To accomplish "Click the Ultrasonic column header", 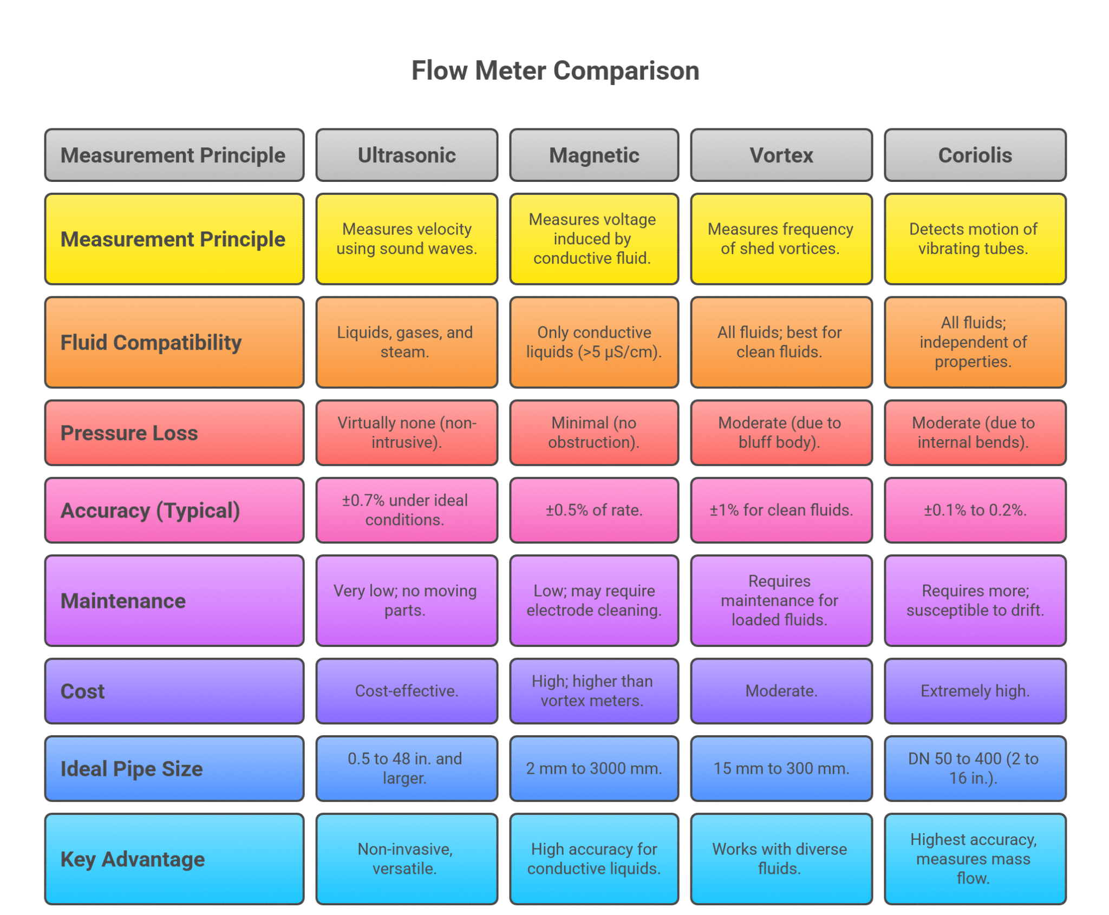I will click(407, 155).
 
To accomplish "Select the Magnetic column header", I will click(594, 155).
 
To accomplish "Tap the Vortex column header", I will click(781, 155).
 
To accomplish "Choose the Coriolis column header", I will click(975, 155).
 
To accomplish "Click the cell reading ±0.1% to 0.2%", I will click(975, 510).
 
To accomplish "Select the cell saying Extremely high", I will click(975, 691).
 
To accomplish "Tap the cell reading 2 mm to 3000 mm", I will click(594, 768).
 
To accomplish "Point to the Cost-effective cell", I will click(407, 691).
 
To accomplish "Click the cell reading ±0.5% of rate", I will click(594, 510).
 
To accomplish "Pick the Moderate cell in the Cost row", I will click(781, 691).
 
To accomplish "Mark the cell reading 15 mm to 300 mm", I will click(781, 768).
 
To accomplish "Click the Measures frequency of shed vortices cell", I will click(781, 239).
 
